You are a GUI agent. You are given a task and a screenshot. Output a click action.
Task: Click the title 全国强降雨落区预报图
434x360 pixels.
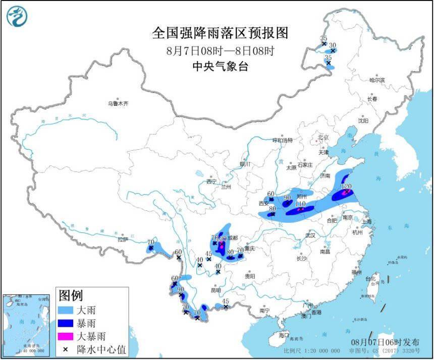220,33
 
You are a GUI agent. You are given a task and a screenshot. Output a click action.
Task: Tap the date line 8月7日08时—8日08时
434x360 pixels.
220,50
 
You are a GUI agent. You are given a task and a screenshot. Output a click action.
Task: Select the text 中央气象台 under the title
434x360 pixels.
220,67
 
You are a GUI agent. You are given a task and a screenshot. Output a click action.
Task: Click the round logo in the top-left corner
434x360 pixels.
17,17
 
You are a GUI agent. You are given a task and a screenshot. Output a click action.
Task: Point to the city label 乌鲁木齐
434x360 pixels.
118,103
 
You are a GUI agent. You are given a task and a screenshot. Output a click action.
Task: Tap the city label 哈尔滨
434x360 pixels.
376,80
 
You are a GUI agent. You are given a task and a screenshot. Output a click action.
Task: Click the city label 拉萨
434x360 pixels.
124,239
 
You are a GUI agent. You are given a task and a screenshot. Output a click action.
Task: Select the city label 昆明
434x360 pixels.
216,290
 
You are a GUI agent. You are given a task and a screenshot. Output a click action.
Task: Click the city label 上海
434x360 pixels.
367,221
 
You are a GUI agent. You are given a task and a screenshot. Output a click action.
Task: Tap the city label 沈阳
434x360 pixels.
363,121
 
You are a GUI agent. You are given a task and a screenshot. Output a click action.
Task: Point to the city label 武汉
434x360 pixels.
310,235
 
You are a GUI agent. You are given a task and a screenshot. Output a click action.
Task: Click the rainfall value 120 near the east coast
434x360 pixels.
346,186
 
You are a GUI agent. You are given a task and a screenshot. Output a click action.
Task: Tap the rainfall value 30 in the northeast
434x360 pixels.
333,45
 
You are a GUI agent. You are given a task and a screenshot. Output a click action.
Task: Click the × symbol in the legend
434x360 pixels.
66,348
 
